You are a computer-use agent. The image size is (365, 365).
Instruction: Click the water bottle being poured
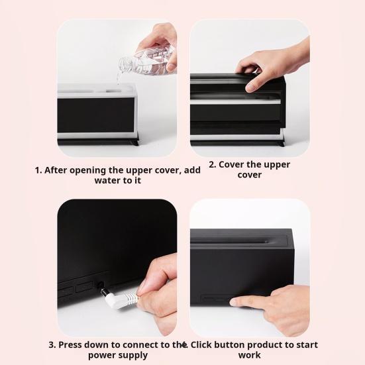click(x=146, y=62)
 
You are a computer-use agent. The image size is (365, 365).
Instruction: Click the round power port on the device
click(x=100, y=285)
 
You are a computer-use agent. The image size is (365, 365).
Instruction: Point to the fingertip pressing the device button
click(x=233, y=303)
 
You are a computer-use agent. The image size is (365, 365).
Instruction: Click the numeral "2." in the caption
click(x=212, y=164)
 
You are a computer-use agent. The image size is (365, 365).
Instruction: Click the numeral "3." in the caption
click(x=52, y=344)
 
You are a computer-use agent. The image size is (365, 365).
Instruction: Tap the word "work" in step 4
click(x=249, y=355)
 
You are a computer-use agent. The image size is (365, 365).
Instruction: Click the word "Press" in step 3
click(x=70, y=345)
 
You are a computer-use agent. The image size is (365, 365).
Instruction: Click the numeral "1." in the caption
click(x=38, y=170)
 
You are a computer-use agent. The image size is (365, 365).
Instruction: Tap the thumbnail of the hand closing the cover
click(x=250, y=88)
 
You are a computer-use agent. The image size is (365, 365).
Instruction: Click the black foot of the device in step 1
click(x=135, y=142)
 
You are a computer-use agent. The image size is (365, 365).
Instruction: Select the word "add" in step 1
click(x=192, y=170)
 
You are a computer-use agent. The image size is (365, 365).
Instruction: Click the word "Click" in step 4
click(x=201, y=345)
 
